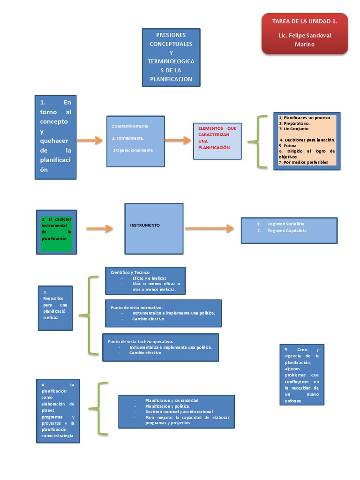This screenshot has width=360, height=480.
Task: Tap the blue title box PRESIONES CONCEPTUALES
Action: (171, 57)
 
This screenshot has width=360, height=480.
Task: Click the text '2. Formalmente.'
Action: (128, 138)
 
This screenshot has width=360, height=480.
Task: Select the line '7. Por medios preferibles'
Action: (303, 162)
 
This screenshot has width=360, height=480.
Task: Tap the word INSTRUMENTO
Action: (145, 225)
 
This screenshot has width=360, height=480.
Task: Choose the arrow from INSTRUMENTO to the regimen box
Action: (209, 228)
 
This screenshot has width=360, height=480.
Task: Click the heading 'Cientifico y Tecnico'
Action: (130, 272)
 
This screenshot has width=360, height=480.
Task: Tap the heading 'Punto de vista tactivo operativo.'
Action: (141, 342)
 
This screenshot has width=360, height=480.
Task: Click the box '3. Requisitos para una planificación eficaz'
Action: (55, 308)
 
